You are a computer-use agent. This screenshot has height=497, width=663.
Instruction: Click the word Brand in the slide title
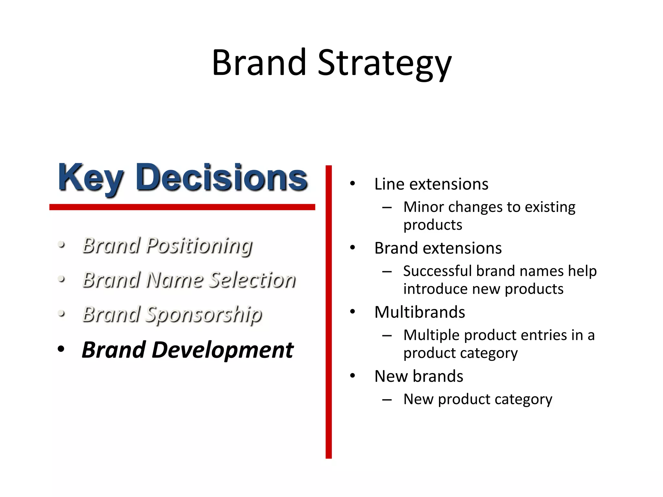point(259,63)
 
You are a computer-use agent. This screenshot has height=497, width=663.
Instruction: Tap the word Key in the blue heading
point(91,178)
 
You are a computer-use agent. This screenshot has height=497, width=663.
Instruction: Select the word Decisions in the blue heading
point(221,178)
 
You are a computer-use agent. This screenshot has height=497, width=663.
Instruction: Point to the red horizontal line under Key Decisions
point(182,207)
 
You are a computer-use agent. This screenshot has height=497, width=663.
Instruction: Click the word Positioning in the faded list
point(199,246)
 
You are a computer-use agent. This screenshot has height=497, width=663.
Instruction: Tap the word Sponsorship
point(204,315)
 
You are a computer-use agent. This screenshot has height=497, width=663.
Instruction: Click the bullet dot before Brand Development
point(61,349)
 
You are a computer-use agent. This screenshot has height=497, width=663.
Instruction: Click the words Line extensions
point(431,184)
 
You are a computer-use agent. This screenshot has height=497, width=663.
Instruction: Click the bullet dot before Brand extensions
point(353,248)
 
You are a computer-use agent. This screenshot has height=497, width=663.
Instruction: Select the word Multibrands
point(420,312)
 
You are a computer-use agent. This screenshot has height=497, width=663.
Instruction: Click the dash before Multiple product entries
point(387,336)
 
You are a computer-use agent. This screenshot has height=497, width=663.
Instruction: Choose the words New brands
point(419,376)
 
